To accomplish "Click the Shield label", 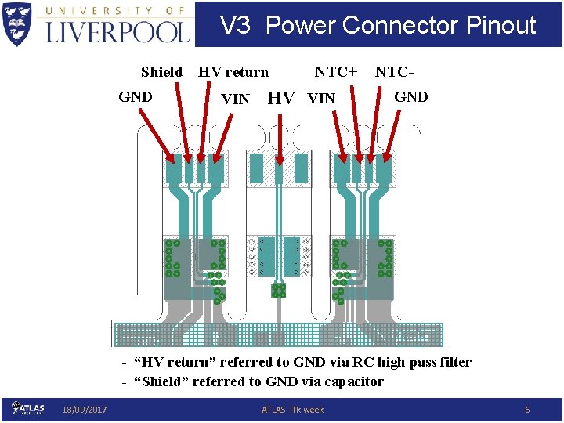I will [161, 72].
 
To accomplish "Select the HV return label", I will [233, 72].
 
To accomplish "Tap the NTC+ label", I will [336, 72].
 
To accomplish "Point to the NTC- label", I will [395, 72].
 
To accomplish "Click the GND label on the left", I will [136, 97].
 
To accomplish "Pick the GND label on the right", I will [410, 97].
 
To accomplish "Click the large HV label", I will [281, 98].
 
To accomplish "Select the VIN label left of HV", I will [236, 99].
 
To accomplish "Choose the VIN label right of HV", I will [321, 99].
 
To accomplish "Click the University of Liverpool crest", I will [19, 24].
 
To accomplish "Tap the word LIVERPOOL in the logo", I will [117, 31].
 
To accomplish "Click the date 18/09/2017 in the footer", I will [85, 410].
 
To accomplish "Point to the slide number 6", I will [527, 410].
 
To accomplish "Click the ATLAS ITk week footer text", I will [292, 410].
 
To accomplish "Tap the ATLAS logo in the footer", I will [28, 408].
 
